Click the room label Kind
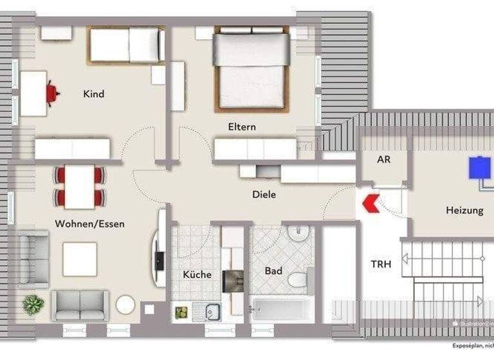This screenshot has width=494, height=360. coord(93,94)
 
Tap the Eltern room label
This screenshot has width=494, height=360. coord(241,127)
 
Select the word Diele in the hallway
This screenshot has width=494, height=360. coord(264,194)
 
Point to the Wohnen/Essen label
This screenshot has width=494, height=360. coord(89,224)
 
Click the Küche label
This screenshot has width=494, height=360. coord(197,274)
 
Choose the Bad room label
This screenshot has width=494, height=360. coord(273,271)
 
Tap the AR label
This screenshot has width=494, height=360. coord(383,159)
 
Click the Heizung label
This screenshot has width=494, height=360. coord(464,210)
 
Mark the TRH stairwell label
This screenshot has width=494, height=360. coord(381,264)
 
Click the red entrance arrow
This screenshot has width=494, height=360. coord(371,204)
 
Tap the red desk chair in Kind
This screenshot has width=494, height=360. coord(52,94)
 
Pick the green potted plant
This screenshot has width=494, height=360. coord(33,304)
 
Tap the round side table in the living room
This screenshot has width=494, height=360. coord(125,304)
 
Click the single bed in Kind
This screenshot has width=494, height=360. coord(125,45)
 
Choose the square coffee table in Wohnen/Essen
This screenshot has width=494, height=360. coord(80,258)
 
